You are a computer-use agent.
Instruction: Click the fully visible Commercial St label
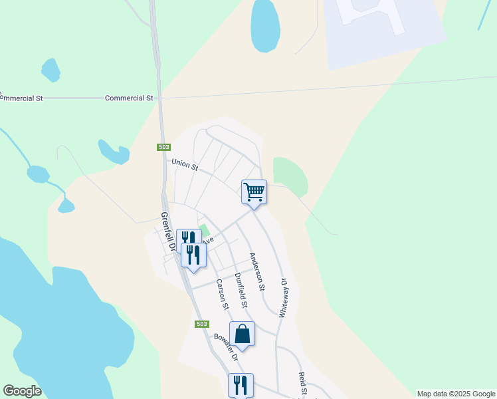(129, 98)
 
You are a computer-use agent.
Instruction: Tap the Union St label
(185, 164)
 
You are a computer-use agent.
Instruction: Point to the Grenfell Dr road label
(167, 232)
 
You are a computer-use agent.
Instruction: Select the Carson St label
(221, 295)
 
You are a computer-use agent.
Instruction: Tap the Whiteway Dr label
(284, 297)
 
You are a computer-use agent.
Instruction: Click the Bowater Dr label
(226, 346)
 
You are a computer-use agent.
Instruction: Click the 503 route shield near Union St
(164, 147)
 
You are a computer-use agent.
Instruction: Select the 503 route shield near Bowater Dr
(203, 324)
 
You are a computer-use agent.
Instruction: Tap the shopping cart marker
(254, 193)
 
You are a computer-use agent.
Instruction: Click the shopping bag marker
(242, 334)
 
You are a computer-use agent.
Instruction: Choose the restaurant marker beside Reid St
(241, 385)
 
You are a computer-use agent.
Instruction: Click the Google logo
(22, 391)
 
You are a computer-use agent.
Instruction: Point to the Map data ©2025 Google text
(456, 394)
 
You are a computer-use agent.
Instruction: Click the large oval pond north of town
(264, 25)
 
